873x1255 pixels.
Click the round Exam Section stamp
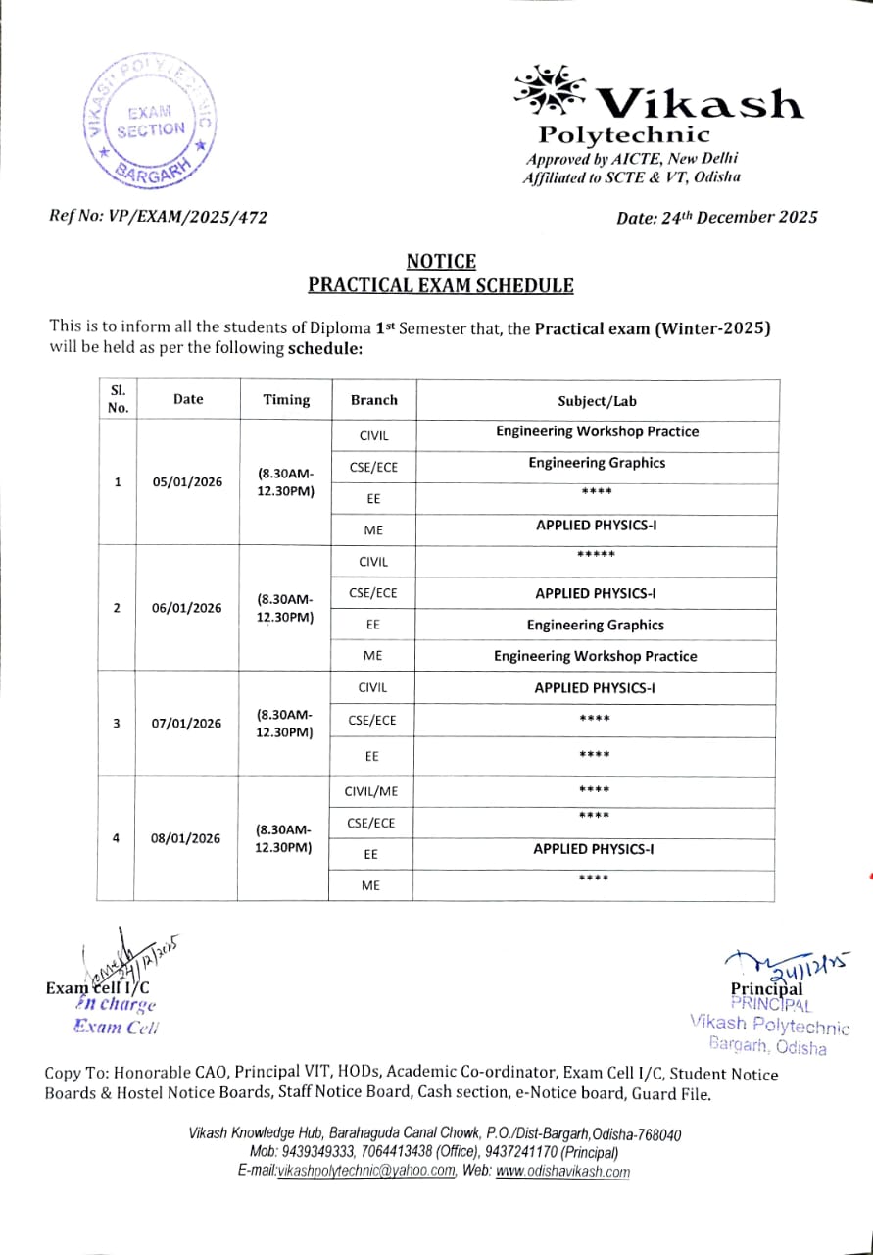point(149,122)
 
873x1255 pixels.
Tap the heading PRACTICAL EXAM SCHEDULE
point(441,285)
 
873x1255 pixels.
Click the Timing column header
point(286,400)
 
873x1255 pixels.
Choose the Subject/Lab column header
point(597,400)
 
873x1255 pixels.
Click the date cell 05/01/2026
point(187,481)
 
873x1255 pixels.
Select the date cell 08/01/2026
point(186,838)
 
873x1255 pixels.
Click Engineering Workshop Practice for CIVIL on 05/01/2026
point(597,431)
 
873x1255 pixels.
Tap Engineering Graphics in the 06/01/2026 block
point(595,625)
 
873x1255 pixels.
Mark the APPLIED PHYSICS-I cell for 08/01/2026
point(595,849)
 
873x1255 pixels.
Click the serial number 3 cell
point(117,724)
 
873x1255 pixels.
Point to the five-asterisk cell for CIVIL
point(595,556)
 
